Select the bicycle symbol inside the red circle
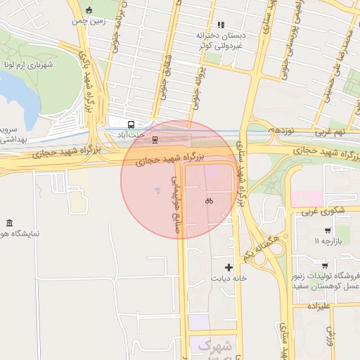(209, 200)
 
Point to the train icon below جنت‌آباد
(155, 139)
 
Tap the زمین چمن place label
(88, 22)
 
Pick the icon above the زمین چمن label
(89, 10)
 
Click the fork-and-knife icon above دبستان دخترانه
(221, 25)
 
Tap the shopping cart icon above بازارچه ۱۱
(328, 231)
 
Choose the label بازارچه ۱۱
(328, 242)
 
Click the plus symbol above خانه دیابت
(229, 267)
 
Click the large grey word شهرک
(214, 345)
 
